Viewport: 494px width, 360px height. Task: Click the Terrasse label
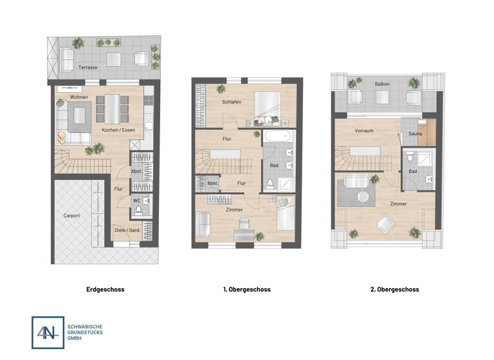(x=87, y=67)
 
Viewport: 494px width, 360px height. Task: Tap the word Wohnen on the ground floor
(x=79, y=97)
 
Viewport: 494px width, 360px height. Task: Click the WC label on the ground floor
(x=136, y=201)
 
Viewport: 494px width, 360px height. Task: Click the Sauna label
(x=415, y=134)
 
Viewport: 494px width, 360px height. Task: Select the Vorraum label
(x=364, y=130)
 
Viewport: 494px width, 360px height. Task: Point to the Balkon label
(x=382, y=84)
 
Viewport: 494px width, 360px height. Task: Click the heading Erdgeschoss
(x=105, y=290)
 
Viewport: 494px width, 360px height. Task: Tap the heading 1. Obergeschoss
(x=246, y=290)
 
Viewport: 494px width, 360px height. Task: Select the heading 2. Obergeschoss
(x=394, y=290)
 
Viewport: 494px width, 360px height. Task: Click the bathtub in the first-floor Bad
(x=278, y=138)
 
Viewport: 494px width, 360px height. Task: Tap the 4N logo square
(x=48, y=332)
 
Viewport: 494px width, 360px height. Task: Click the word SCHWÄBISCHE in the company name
(x=84, y=327)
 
